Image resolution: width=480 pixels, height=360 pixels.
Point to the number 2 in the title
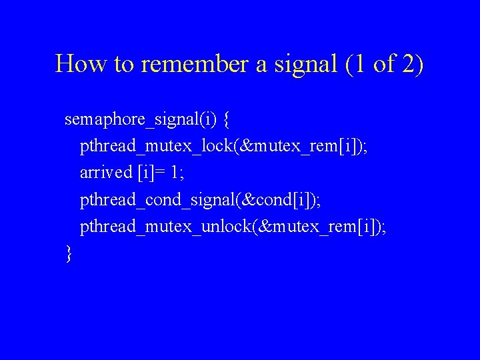pos(408,64)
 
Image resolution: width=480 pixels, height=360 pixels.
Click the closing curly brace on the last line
pos(69,254)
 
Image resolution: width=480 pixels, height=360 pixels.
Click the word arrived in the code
pos(106,173)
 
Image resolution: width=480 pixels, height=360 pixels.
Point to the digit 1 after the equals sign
pos(173,173)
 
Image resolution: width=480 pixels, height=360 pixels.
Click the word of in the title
pos(384,64)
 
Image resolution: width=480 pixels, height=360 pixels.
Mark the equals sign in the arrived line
pos(159,173)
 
